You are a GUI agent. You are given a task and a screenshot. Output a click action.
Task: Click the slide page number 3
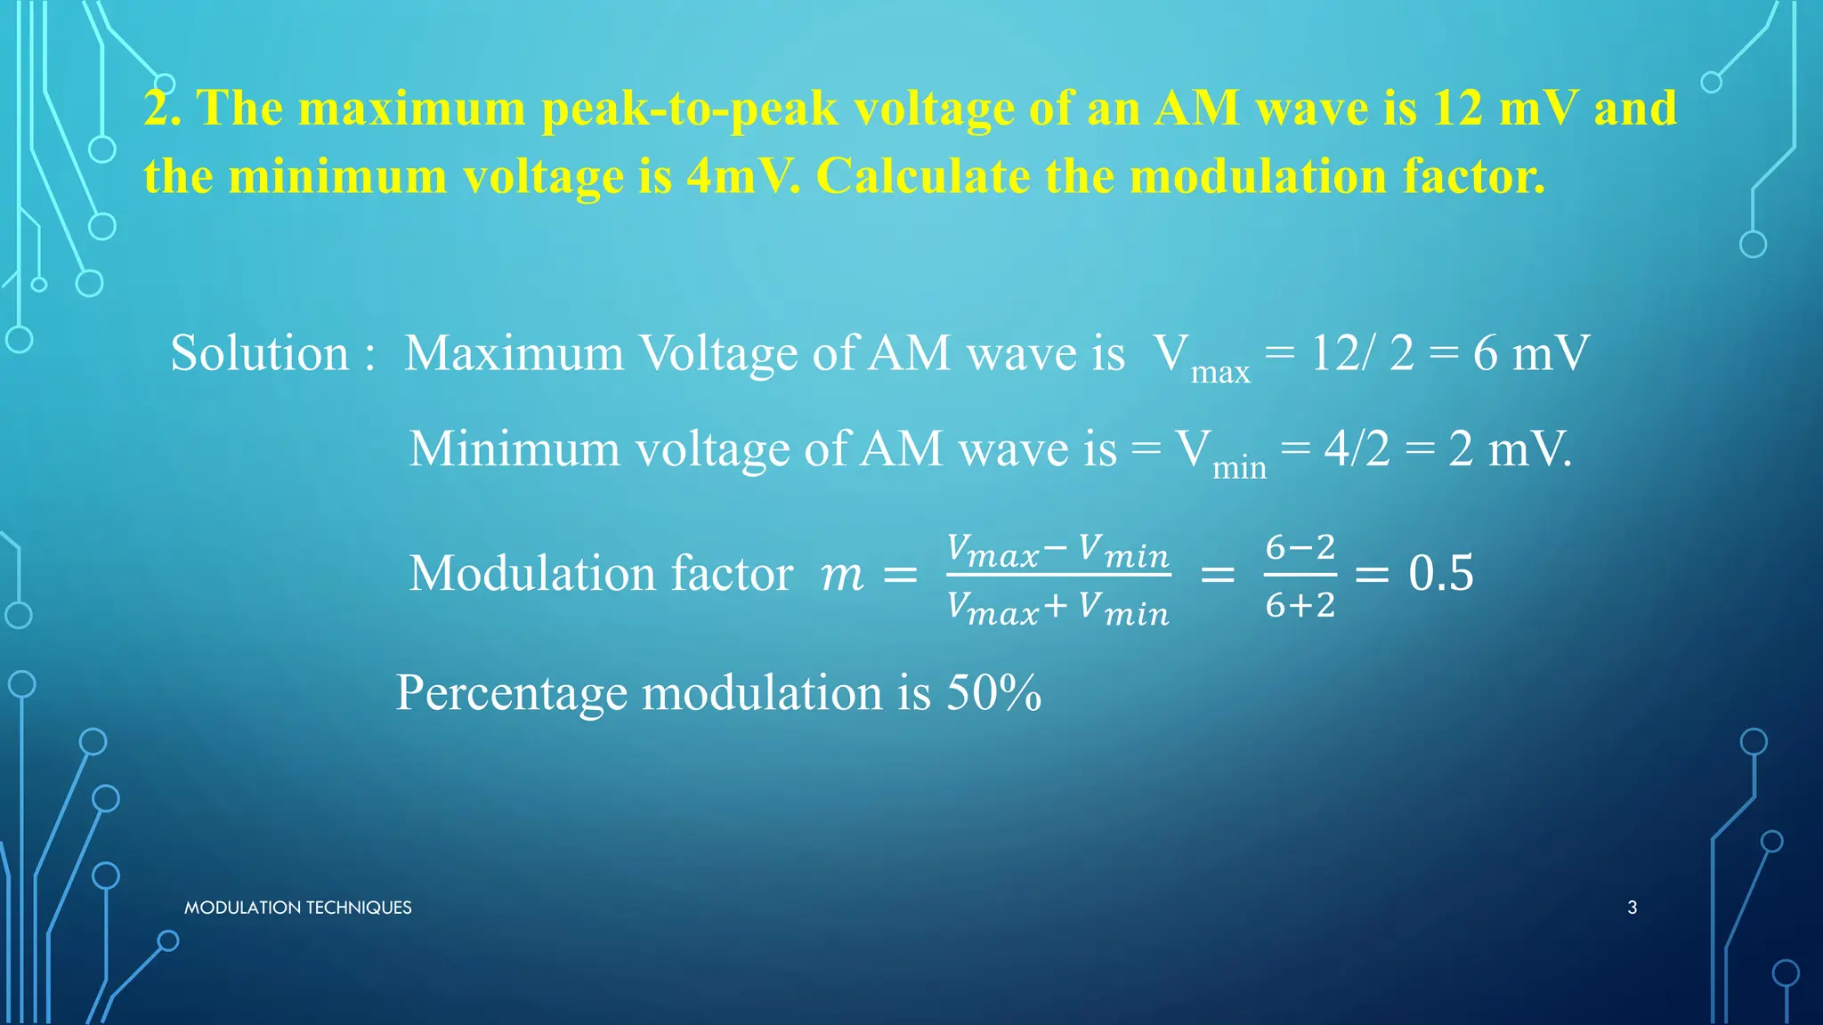tap(1632, 908)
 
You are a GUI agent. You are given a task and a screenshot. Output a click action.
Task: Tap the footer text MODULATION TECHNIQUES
tap(297, 908)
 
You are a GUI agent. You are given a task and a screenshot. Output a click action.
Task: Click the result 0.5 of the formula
tap(1440, 573)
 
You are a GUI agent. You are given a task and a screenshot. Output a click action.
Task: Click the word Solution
tap(259, 353)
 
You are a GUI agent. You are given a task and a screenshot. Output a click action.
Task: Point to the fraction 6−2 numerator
tap(1300, 547)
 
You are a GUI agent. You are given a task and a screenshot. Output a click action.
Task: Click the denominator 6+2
tap(1300, 605)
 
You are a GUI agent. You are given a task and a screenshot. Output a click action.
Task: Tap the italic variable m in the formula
tap(841, 574)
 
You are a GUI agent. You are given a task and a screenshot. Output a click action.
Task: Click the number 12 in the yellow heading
tap(1458, 109)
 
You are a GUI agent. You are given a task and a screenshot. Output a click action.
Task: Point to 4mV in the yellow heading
tap(742, 176)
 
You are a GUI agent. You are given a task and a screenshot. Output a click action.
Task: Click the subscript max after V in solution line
tap(1220, 372)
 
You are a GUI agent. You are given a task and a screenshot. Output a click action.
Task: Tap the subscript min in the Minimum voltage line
tap(1239, 467)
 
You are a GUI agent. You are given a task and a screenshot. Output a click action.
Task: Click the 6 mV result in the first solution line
tap(1531, 353)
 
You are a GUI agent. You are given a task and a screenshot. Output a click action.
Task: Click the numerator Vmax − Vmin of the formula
tap(1057, 552)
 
